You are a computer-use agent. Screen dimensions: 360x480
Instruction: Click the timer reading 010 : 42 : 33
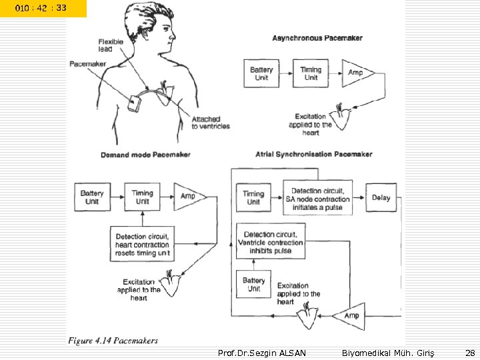41,8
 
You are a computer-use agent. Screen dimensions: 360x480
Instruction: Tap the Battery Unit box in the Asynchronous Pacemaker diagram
261,73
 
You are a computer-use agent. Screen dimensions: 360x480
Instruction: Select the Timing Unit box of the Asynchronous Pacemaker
311,73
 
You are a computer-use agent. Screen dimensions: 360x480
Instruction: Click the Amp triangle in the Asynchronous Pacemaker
353,72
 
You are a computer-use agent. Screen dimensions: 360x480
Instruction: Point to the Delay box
381,198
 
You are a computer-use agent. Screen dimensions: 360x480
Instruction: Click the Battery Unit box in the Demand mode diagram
92,197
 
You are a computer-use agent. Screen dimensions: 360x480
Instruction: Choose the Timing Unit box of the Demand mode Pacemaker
142,197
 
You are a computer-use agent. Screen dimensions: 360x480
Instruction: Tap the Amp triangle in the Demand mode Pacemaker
187,197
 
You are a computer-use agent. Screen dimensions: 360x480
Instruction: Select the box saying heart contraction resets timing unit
143,245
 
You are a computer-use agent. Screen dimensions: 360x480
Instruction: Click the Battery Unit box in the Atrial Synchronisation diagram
253,285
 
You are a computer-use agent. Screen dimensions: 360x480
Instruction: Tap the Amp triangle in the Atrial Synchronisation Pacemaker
349,315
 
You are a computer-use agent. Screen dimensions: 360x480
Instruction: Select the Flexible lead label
111,45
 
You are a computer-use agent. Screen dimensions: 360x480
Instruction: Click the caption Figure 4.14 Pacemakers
113,341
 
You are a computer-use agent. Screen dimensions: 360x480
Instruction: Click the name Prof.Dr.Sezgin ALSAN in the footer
262,352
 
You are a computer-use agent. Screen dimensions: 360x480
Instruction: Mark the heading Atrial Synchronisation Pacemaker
314,154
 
